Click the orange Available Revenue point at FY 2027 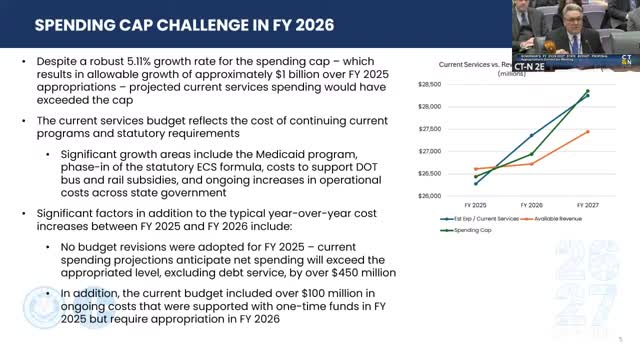point(587,131)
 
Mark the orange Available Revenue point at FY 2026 point(531,163)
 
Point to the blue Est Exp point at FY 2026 point(531,135)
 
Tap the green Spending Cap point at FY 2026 point(531,154)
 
